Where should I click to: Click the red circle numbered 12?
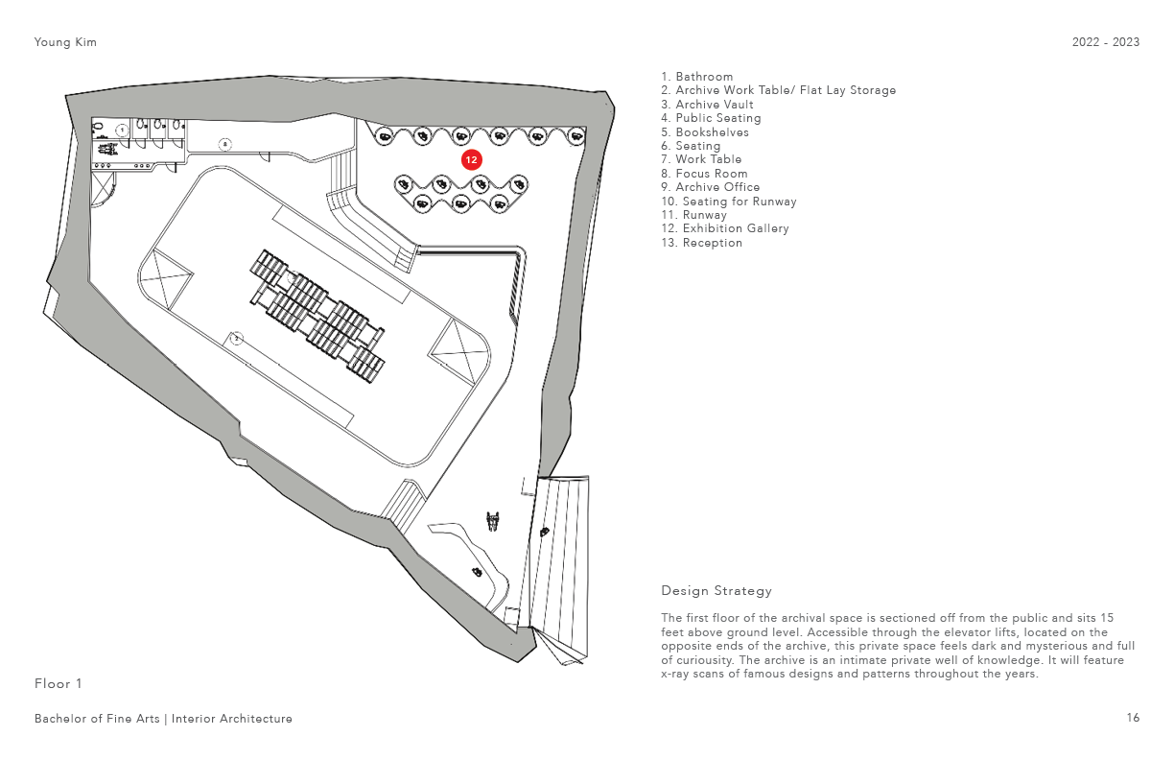click(x=471, y=160)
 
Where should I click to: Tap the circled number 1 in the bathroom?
click(x=122, y=130)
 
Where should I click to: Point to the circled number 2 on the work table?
click(x=236, y=338)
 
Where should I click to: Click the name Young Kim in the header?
click(x=65, y=42)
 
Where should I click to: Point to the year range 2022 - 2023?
click(x=1106, y=42)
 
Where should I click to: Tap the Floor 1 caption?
click(x=59, y=683)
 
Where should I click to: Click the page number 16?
click(x=1134, y=718)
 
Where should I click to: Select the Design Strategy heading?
click(x=716, y=590)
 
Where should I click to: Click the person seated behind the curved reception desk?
click(x=476, y=572)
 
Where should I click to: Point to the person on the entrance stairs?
click(x=544, y=531)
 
